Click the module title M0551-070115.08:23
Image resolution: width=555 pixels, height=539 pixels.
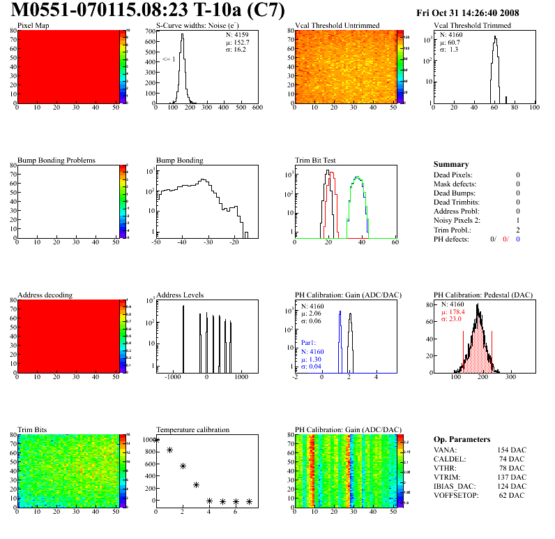tap(115, 11)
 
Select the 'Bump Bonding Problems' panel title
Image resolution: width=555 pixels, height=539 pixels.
tap(56, 160)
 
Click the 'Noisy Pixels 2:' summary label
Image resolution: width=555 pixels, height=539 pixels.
tap(462, 220)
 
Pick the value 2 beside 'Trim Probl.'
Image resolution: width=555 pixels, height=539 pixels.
tap(518, 229)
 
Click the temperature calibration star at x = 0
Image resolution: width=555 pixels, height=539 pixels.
tap(156, 440)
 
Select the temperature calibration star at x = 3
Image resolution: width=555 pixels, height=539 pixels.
tap(197, 485)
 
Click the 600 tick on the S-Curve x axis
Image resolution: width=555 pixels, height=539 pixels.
tap(257, 109)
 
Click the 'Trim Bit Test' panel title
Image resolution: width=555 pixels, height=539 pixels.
tap(316, 160)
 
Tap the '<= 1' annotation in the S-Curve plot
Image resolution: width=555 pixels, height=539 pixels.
tap(169, 59)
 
